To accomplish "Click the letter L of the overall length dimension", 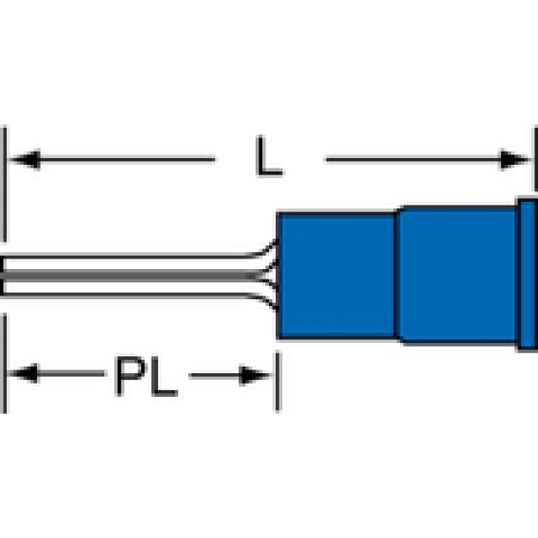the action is click(269, 156).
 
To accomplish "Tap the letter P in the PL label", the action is click(131, 375).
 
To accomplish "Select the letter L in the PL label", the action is click(165, 376).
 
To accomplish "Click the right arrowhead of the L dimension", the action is click(514, 159).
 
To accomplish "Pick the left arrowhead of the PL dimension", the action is click(23, 373).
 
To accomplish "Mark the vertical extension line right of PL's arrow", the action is click(278, 382).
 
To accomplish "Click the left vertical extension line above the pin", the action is click(4, 185).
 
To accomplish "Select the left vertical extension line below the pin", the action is click(4, 363).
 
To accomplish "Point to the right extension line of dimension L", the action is click(535, 159).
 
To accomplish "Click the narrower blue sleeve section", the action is click(337, 276).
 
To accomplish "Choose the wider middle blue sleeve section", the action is click(458, 276).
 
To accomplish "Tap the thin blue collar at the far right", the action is click(528, 275).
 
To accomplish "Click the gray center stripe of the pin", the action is click(131, 276).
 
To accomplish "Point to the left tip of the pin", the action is click(1, 276).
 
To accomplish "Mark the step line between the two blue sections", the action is click(397, 276).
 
